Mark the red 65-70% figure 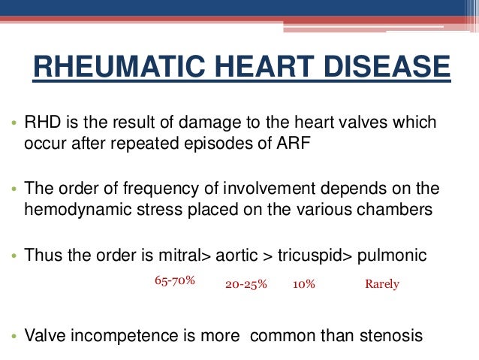(x=175, y=280)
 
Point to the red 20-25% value (x=246, y=285)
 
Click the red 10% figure (x=304, y=285)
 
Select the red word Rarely (x=382, y=285)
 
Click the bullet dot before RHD (x=14, y=124)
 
